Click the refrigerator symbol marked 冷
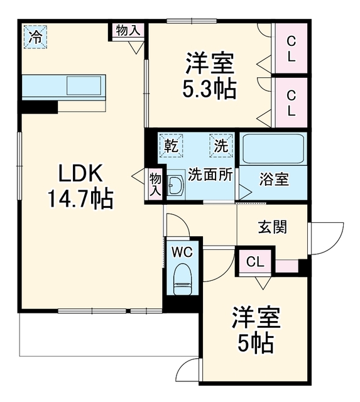click(35, 36)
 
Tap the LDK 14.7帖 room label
click(80, 186)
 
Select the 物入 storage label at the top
click(128, 31)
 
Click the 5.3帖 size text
click(209, 89)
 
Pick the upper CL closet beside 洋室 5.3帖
click(291, 48)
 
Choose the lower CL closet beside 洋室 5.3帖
click(291, 102)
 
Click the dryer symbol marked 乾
click(171, 145)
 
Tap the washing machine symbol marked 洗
click(221, 145)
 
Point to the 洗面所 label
click(210, 175)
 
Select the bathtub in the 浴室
click(273, 148)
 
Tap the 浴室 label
click(274, 179)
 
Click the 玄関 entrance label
click(273, 227)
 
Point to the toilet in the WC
click(182, 279)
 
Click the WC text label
click(182, 253)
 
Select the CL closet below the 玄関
click(255, 261)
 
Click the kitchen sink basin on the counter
click(84, 85)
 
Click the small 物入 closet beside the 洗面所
click(155, 184)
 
